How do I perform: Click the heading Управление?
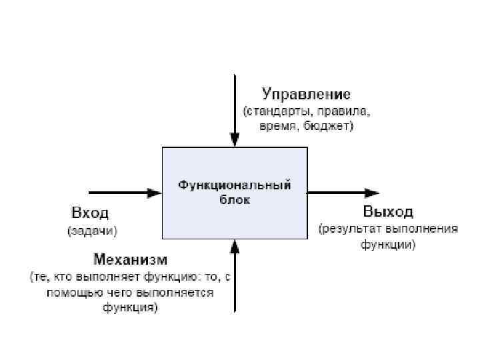[x=306, y=93]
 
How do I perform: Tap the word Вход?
[x=90, y=213]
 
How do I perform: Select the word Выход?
[x=388, y=212]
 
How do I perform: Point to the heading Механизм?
[x=130, y=259]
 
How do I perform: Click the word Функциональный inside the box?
[x=234, y=185]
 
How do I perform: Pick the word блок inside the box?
[x=235, y=199]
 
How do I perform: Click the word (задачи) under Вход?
[x=92, y=231]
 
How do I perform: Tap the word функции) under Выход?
[x=388, y=245]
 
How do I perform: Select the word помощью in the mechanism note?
[x=73, y=292]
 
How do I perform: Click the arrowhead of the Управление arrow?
[x=234, y=140]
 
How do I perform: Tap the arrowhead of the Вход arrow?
[x=155, y=193]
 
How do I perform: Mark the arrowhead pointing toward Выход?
[x=371, y=193]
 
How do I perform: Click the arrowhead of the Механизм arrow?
[x=234, y=246]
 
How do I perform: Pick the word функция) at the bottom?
[x=130, y=308]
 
